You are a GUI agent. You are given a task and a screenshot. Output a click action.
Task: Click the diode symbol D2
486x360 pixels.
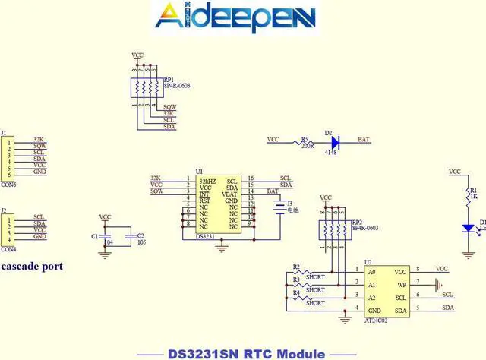[x=335, y=141]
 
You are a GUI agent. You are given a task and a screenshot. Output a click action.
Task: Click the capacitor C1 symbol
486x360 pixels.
[x=106, y=238]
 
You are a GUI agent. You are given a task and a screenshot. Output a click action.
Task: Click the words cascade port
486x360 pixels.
[x=32, y=267]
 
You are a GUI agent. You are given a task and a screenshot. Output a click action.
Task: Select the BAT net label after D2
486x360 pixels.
[x=364, y=140]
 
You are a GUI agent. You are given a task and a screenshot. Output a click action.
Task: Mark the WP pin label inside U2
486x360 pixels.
[x=402, y=285]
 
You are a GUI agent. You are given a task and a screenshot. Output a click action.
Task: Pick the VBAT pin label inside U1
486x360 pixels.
[x=229, y=194]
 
